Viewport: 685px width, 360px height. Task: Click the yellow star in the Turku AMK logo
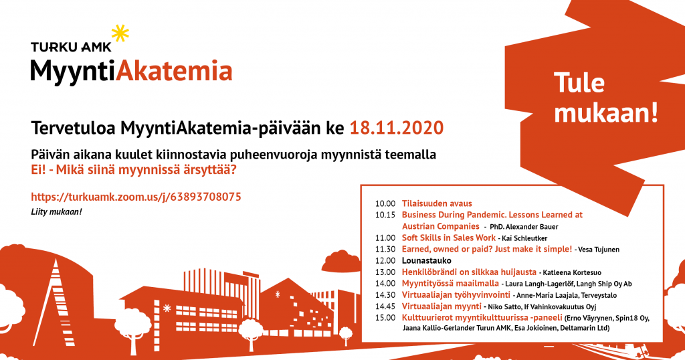pos(120,33)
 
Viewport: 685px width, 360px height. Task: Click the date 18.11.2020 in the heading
pos(397,128)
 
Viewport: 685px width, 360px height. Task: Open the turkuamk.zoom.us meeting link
pos(136,197)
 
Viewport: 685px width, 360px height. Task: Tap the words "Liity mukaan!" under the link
pos(56,212)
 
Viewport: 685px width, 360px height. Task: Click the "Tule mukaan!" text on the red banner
pos(606,98)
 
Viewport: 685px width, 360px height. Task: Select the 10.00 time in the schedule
pos(385,203)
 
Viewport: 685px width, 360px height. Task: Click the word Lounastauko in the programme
pos(420,261)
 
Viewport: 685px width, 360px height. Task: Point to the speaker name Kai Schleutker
pos(524,238)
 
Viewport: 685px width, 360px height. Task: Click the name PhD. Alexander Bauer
pos(524,227)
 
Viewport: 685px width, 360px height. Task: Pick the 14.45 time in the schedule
pos(385,306)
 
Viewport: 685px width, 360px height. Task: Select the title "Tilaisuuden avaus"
pos(437,203)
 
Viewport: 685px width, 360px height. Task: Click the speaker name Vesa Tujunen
pos(599,250)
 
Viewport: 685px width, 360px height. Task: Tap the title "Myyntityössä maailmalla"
pos(450,284)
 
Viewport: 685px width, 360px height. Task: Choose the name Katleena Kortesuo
pos(572,272)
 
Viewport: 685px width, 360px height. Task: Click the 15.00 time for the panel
pos(385,318)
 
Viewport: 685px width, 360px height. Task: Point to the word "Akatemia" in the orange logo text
pos(174,71)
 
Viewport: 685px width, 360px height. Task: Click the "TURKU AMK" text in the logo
pos(71,47)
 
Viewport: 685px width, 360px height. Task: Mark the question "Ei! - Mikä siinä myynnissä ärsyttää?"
pos(134,169)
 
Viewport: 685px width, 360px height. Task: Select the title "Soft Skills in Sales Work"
pos(449,238)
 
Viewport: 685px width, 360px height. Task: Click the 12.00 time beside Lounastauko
pos(385,261)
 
